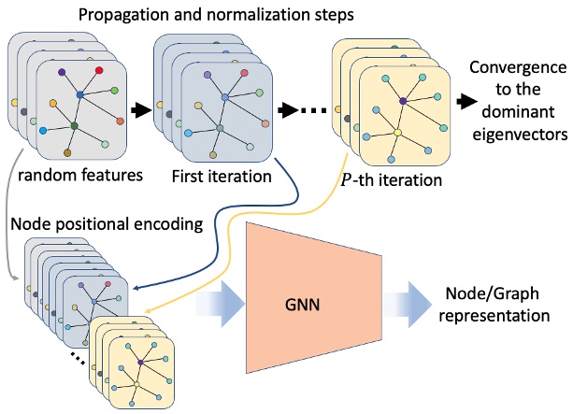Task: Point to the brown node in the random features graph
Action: click(67, 151)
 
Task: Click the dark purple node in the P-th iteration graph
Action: click(403, 100)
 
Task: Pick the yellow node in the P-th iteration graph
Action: click(397, 133)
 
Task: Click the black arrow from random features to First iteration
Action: click(137, 109)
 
